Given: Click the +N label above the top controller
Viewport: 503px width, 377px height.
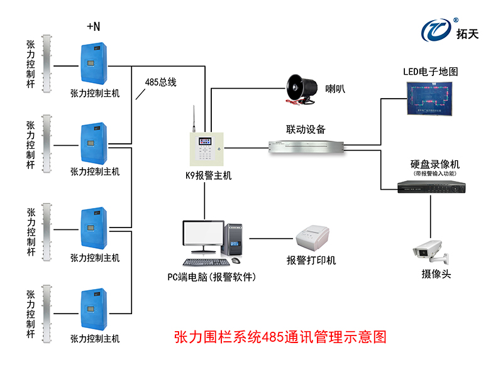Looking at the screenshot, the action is [93, 26].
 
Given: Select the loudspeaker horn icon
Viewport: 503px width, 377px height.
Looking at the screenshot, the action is [301, 89].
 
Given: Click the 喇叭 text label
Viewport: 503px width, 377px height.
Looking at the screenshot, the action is [335, 89].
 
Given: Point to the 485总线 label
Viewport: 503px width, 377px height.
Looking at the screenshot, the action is [160, 82].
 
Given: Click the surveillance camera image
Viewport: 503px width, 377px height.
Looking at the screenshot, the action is [430, 251].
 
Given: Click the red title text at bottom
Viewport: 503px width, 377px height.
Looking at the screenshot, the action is [279, 337].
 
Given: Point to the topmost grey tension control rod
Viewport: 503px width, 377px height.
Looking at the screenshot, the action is [45, 63].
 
